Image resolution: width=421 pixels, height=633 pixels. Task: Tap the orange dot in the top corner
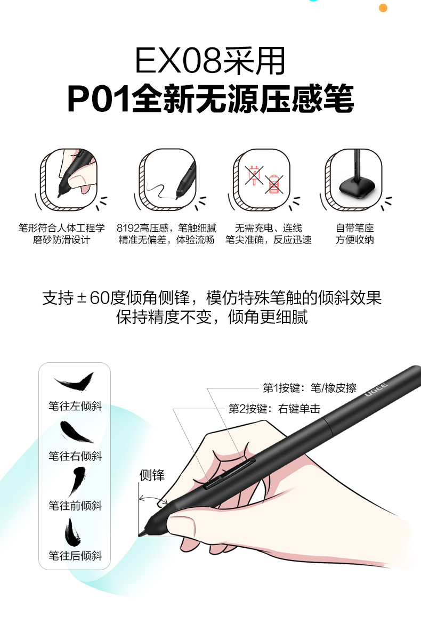tap(383, 7)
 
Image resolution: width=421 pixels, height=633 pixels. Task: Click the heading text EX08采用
tap(210, 61)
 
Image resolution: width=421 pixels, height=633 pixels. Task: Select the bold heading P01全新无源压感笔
tap(210, 98)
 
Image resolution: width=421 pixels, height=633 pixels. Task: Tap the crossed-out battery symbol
tap(274, 184)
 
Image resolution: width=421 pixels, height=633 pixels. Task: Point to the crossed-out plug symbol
tap(254, 175)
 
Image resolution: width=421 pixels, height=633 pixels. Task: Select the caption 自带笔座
tap(355, 228)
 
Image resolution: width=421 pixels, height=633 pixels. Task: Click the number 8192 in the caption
tap(128, 228)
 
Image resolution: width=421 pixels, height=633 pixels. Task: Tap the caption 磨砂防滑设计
tap(61, 240)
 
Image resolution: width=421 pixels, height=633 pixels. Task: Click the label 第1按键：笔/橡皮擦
tap(310, 388)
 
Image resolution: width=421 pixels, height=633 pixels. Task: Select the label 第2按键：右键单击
tap(274, 409)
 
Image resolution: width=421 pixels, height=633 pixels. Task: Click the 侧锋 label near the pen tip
tap(152, 475)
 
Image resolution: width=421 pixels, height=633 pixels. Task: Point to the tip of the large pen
tap(140, 535)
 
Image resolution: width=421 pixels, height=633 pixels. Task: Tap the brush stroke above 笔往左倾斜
tap(74, 382)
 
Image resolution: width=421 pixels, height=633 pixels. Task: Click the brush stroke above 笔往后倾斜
tap(72, 532)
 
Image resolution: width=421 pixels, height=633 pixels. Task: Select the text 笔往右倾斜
tap(75, 456)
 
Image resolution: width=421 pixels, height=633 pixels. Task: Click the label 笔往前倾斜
tap(75, 506)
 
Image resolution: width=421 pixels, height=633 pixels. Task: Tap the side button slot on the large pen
tap(229, 473)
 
